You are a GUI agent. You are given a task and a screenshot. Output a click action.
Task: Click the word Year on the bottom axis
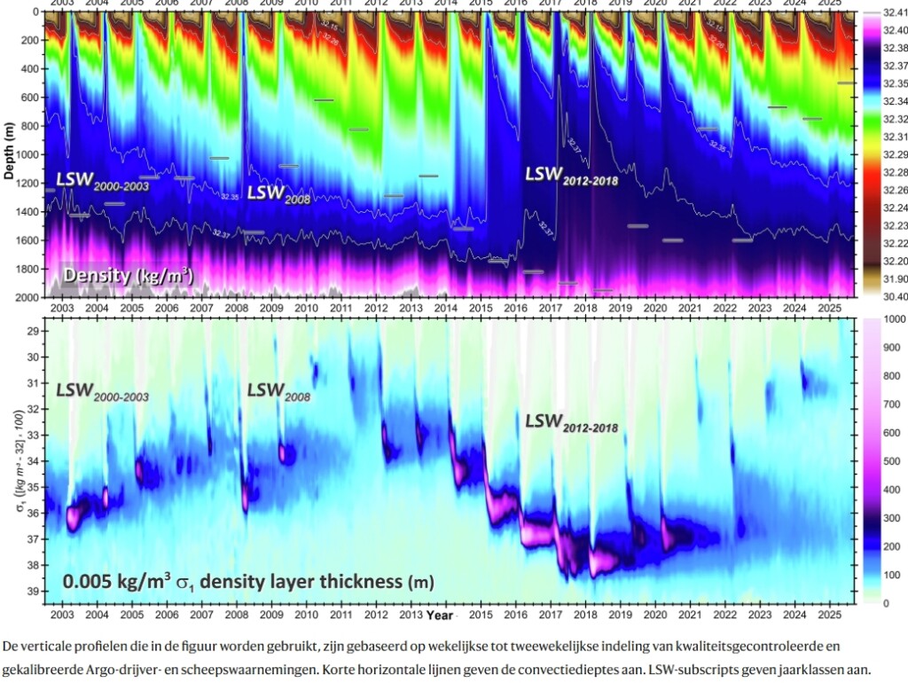439,614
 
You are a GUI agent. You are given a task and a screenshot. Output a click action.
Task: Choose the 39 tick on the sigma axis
32,591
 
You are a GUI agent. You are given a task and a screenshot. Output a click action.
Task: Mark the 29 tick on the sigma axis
32,331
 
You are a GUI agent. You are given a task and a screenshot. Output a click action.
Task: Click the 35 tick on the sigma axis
32,487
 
